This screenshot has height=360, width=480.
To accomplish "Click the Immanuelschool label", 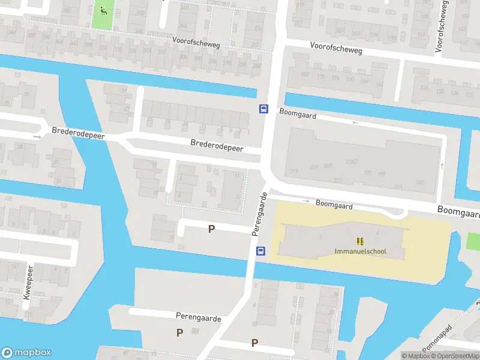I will [360, 251].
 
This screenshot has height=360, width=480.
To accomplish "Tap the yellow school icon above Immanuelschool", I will [360, 241].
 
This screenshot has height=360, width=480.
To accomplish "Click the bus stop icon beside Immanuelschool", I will [261, 251].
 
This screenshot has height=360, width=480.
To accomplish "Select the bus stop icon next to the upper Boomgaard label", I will [263, 109].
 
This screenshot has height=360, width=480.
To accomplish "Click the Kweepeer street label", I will [26, 288].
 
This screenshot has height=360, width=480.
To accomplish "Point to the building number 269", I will [328, 166].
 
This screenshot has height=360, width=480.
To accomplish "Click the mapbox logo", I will [26, 353].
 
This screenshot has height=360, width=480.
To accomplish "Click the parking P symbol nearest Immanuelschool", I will [211, 229].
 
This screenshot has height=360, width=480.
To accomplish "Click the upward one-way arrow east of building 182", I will [442, 166].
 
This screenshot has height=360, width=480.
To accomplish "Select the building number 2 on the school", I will [321, 236].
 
